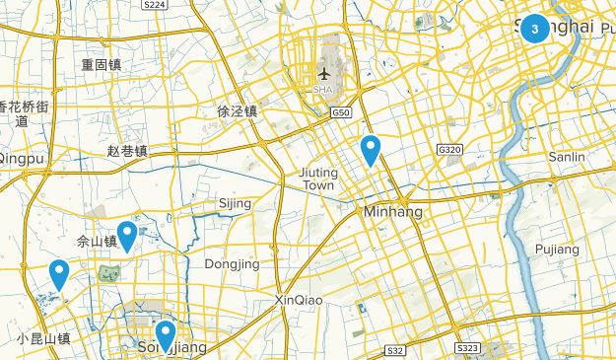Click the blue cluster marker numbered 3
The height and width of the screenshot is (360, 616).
535,29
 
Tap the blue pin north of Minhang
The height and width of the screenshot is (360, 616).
371,150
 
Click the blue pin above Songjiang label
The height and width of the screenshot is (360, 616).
166,332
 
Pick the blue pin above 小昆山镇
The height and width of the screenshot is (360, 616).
59,273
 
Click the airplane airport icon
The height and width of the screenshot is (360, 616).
323,73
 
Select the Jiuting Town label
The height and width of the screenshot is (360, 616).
317,179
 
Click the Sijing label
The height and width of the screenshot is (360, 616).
235,204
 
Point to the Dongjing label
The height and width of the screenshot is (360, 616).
232,264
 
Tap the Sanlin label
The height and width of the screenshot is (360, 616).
567,157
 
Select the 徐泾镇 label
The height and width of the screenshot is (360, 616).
237,112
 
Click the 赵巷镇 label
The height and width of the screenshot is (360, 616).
127,151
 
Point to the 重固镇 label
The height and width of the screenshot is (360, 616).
102,65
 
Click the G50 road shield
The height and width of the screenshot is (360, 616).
341,113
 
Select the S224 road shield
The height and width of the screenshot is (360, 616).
154,5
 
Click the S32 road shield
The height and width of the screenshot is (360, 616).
395,350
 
